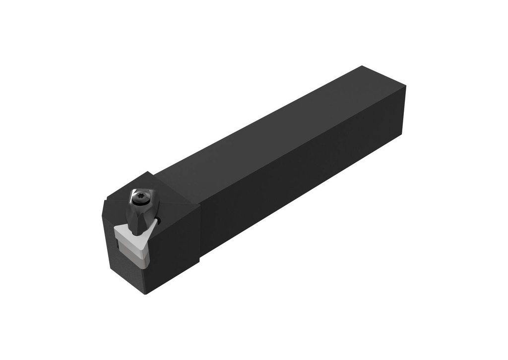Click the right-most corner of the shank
[406, 86]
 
